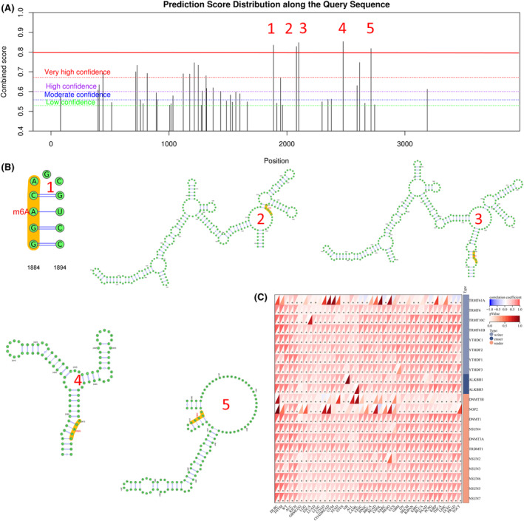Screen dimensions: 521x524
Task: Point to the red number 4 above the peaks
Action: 341,29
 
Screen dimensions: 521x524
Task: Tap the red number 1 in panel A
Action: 270,29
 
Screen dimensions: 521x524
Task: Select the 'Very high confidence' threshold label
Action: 78,72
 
